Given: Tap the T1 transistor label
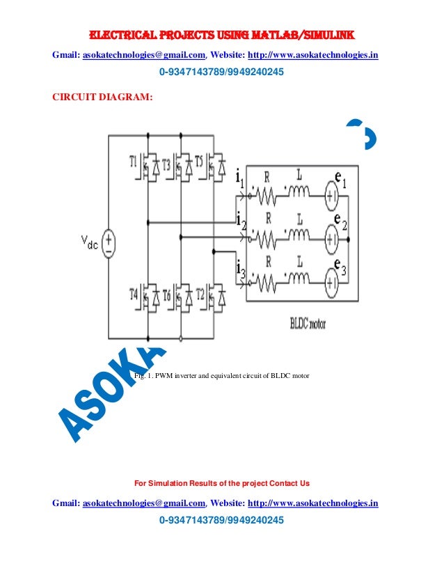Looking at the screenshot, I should (134, 161).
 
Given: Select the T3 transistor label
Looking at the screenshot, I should (167, 161).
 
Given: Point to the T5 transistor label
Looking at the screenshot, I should (200, 161).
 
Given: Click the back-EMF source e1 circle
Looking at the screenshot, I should (332, 198).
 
